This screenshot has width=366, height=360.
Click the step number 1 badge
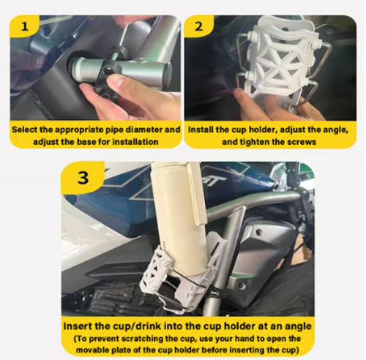coord(28,29)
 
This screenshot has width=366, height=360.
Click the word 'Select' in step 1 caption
coord(26,129)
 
